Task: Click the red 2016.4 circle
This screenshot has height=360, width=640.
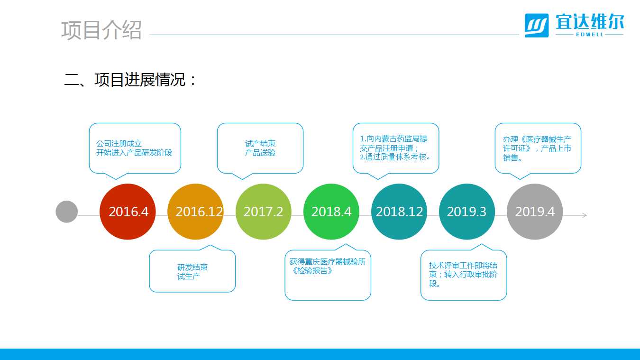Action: point(128,212)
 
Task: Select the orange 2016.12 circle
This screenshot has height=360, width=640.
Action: point(195,212)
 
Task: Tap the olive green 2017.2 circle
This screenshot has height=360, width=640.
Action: point(264,212)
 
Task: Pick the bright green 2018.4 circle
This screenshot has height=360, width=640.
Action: point(331,212)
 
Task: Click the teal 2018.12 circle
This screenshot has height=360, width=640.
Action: point(399,212)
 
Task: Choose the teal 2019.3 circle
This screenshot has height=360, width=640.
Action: point(467,212)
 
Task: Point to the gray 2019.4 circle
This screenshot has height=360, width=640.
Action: point(535,212)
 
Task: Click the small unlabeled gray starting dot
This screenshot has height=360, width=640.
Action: point(66,212)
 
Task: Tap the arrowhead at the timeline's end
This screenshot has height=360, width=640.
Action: point(585,215)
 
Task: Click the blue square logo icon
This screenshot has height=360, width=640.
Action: point(537,26)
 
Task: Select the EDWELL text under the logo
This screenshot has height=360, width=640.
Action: point(590,35)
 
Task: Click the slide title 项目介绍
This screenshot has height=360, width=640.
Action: point(101,30)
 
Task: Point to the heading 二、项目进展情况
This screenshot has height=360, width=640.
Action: point(130,80)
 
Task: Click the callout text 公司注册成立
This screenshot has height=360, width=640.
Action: point(119,143)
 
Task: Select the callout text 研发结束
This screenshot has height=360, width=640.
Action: point(192,267)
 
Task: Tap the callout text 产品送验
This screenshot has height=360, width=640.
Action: point(260,152)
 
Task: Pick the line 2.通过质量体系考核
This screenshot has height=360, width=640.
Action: point(395,157)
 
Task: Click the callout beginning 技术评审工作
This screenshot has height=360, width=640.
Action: point(463,274)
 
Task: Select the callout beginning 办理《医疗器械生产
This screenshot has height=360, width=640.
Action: point(537,148)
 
